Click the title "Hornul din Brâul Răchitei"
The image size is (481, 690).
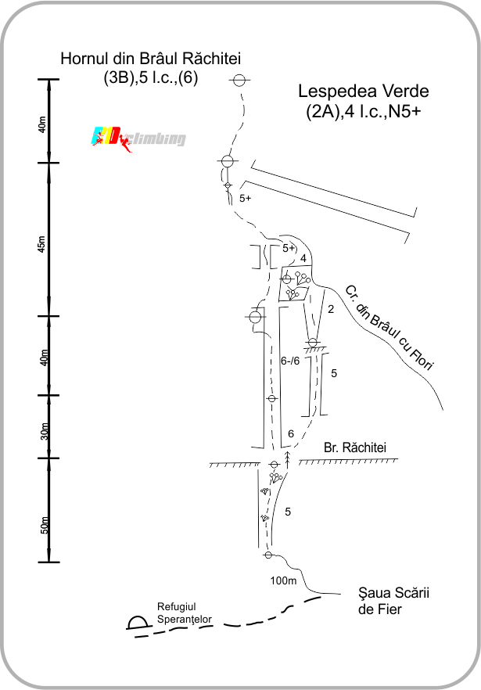coord(150,59)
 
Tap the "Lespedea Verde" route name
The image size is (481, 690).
coord(364,91)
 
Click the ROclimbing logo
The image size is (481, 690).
coord(138,139)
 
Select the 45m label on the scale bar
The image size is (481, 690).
coord(41,244)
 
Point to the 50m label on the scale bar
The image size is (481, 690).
coord(45,525)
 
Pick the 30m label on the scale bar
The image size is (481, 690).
coord(45,431)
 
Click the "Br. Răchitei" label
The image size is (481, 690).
coord(355,447)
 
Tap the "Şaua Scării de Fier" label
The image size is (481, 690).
coord(393,601)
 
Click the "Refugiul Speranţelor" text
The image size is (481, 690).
coord(185,613)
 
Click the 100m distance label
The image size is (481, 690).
coord(283,580)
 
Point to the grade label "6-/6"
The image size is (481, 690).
coord(290,361)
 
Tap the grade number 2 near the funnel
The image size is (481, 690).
coord(331,309)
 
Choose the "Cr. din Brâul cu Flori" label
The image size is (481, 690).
coord(389,328)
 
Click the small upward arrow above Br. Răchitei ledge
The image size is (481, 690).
coord(288,459)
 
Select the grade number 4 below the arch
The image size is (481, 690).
coord(303,259)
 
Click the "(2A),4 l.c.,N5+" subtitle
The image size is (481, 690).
coord(364,111)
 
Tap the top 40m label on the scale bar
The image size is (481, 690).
coord(41,124)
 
